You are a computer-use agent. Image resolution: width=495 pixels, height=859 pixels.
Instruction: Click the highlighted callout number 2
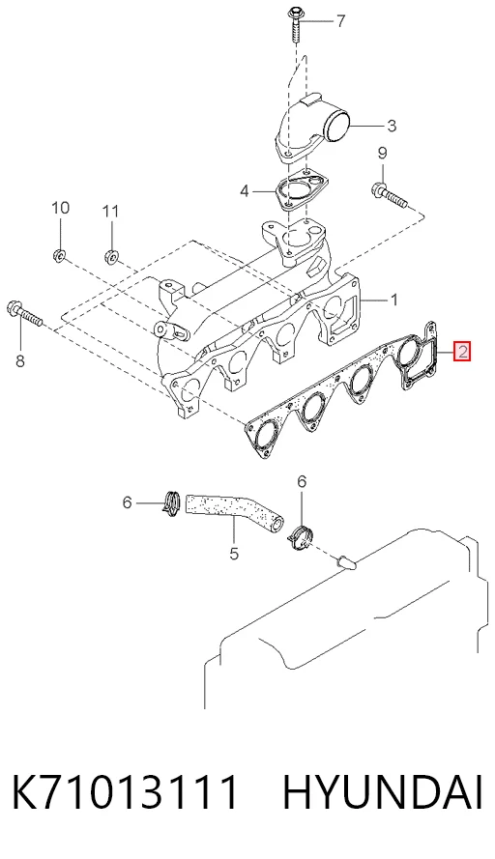[463, 351]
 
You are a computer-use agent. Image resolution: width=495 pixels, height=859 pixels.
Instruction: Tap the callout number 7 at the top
[340, 21]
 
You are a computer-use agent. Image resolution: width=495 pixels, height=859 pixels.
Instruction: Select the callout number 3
[391, 126]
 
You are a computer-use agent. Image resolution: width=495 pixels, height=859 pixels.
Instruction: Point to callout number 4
[245, 191]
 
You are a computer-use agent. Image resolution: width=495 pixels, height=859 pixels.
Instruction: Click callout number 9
[382, 153]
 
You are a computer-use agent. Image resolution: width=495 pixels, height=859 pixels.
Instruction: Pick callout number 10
[61, 208]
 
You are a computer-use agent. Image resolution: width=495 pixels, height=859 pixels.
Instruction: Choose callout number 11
[110, 211]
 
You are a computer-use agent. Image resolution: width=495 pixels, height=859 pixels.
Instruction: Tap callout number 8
[20, 361]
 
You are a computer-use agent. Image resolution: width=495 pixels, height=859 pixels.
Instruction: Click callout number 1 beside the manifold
[393, 300]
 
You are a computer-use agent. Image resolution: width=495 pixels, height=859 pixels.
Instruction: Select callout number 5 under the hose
[234, 554]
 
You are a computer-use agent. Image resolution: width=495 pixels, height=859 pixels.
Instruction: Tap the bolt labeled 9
[390, 195]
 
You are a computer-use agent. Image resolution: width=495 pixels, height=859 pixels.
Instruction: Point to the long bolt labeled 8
[24, 314]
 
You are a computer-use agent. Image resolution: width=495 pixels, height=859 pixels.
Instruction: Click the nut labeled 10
[59, 254]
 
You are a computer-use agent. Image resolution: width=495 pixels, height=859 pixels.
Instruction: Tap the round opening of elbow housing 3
[337, 127]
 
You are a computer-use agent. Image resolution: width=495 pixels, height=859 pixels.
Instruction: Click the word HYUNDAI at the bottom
[383, 792]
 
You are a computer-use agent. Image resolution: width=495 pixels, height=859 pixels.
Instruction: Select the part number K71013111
[126, 792]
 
